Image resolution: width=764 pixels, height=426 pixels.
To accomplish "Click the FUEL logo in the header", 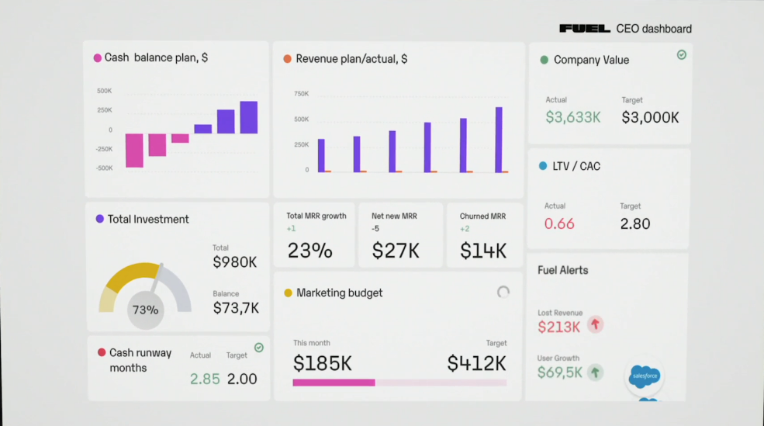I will (586, 29).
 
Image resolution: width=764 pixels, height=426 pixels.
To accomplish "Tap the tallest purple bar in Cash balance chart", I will (248, 117).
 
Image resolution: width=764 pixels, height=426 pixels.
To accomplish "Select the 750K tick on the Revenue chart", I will (301, 94).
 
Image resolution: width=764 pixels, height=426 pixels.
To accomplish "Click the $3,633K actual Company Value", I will (572, 117).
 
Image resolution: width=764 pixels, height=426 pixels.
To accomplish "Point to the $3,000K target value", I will (650, 117).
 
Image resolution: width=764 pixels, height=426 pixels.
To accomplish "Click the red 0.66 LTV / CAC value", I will (559, 223).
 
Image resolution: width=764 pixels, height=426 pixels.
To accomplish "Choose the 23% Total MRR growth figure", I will (309, 251).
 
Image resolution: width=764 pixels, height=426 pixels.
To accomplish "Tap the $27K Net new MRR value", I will (396, 251).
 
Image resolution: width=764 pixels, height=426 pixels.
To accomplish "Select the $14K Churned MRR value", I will (482, 251).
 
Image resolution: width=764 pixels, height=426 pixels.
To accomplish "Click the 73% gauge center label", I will (145, 310).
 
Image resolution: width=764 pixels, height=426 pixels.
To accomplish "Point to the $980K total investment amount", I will (234, 262).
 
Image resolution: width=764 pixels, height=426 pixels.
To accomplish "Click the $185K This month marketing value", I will (323, 362).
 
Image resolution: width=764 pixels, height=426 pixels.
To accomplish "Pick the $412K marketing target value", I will (476, 362).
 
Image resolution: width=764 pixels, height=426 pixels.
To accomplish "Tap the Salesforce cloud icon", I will (645, 376).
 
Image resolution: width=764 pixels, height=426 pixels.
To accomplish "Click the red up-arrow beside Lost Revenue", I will (595, 324).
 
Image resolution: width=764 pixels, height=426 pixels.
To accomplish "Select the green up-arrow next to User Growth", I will (595, 372).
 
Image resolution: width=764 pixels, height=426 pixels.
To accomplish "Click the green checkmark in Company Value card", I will (681, 55).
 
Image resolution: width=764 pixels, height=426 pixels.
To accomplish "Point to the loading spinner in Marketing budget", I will (503, 292).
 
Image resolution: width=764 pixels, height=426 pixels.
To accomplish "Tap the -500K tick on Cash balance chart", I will (105, 168).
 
